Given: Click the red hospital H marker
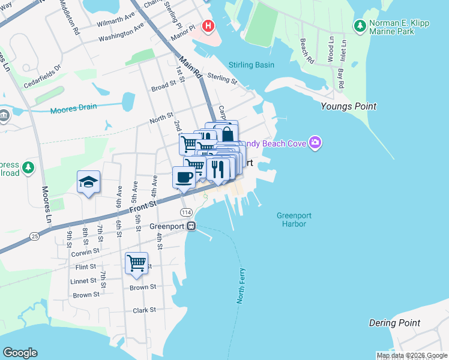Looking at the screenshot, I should pos(208,26).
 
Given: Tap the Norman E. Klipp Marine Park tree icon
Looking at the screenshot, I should pos(360,26).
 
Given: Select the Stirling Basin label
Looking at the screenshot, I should pos(252,65).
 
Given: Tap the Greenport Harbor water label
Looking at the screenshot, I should pos(292,220).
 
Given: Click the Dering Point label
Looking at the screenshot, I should pos(394,323).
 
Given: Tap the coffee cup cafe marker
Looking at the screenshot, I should pos(183,177).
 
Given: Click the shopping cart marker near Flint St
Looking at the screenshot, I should pos(136,263).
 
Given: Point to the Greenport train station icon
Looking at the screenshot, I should pos(191,226).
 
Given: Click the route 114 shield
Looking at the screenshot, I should pos(186,213).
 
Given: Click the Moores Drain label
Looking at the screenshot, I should pos(73,109).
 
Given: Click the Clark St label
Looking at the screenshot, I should pos(145,310).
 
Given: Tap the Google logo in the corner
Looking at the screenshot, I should pos(20,353).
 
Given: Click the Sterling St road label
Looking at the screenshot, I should pos(223,79).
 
